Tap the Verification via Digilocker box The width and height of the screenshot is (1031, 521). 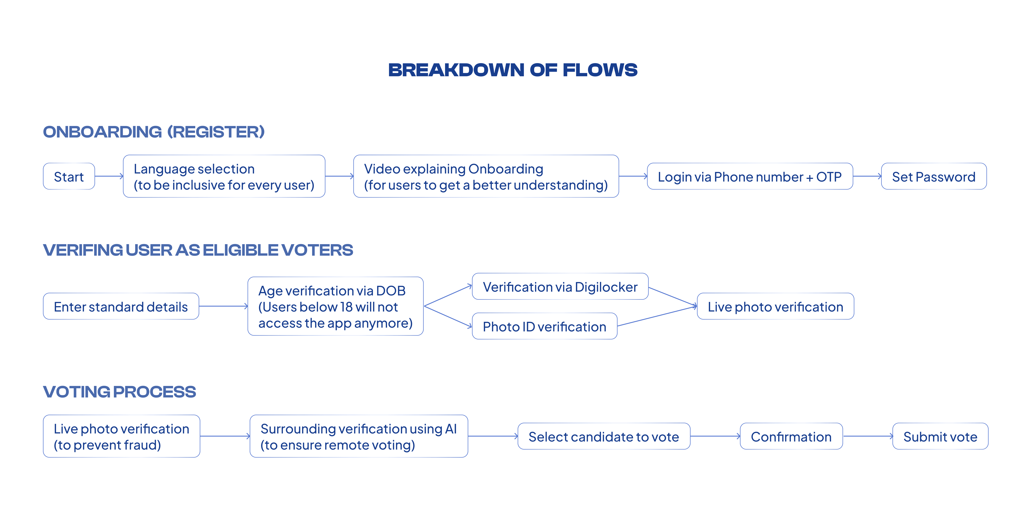(x=560, y=287)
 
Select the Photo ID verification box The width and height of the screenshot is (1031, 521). (x=544, y=326)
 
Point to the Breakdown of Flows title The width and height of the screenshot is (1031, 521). (x=513, y=70)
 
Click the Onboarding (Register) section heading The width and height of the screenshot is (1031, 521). (x=154, y=132)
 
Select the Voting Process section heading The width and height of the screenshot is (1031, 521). (x=119, y=392)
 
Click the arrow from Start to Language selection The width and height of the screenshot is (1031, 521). (x=109, y=176)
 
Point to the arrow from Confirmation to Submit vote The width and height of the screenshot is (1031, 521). (x=868, y=436)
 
